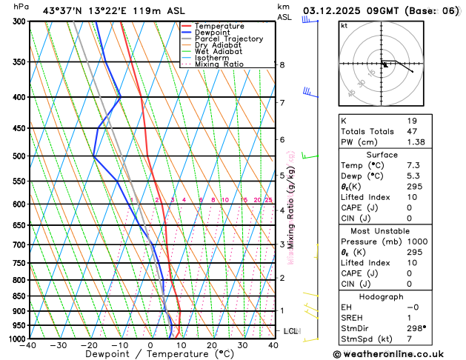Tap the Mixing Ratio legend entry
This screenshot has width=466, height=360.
coord(219,64)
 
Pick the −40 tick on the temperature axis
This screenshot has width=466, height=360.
coord(29,345)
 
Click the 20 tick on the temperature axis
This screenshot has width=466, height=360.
coord(212,345)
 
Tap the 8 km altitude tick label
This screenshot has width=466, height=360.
coord(282,65)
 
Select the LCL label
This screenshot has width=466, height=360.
coord(290,330)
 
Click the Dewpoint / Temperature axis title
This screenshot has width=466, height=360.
coord(150,355)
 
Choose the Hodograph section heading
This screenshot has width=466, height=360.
coord(381,296)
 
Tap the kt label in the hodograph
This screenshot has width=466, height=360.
coord(344,26)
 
